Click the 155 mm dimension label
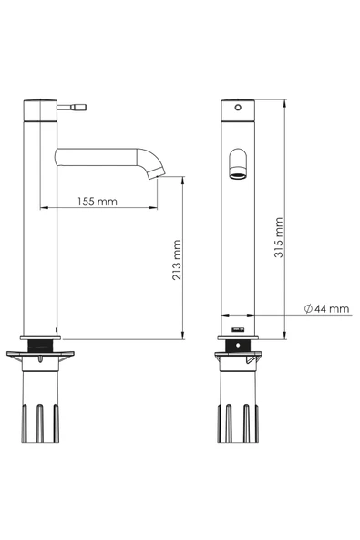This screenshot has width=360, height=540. click(x=97, y=201)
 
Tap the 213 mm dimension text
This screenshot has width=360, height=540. click(x=177, y=260)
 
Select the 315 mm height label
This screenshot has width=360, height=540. click(x=279, y=237)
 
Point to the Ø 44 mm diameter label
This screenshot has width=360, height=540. click(x=326, y=308)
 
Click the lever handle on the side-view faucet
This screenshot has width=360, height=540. click(x=72, y=107)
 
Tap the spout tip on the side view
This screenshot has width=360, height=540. click(x=158, y=173)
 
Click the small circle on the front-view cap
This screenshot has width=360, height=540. click(x=238, y=108)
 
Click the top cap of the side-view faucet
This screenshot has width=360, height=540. click(x=40, y=110)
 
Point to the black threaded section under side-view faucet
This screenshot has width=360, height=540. click(x=40, y=346)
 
